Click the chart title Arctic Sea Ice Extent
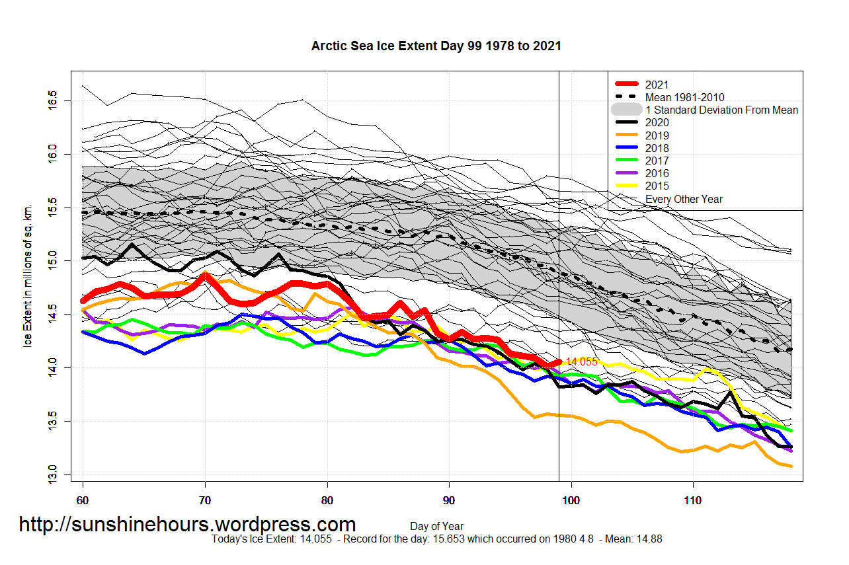(436, 46)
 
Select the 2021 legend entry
(657, 85)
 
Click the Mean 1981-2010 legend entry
(684, 97)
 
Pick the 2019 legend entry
(657, 135)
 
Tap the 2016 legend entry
(657, 173)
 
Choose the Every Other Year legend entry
(684, 199)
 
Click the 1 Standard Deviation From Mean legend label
(721, 110)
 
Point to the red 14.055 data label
(581, 362)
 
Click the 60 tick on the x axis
(83, 500)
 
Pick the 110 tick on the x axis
(692, 500)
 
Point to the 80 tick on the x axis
(327, 500)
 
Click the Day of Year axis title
(436, 526)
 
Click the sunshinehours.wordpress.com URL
(187, 524)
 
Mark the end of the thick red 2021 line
(559, 362)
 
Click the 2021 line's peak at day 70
(205, 275)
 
